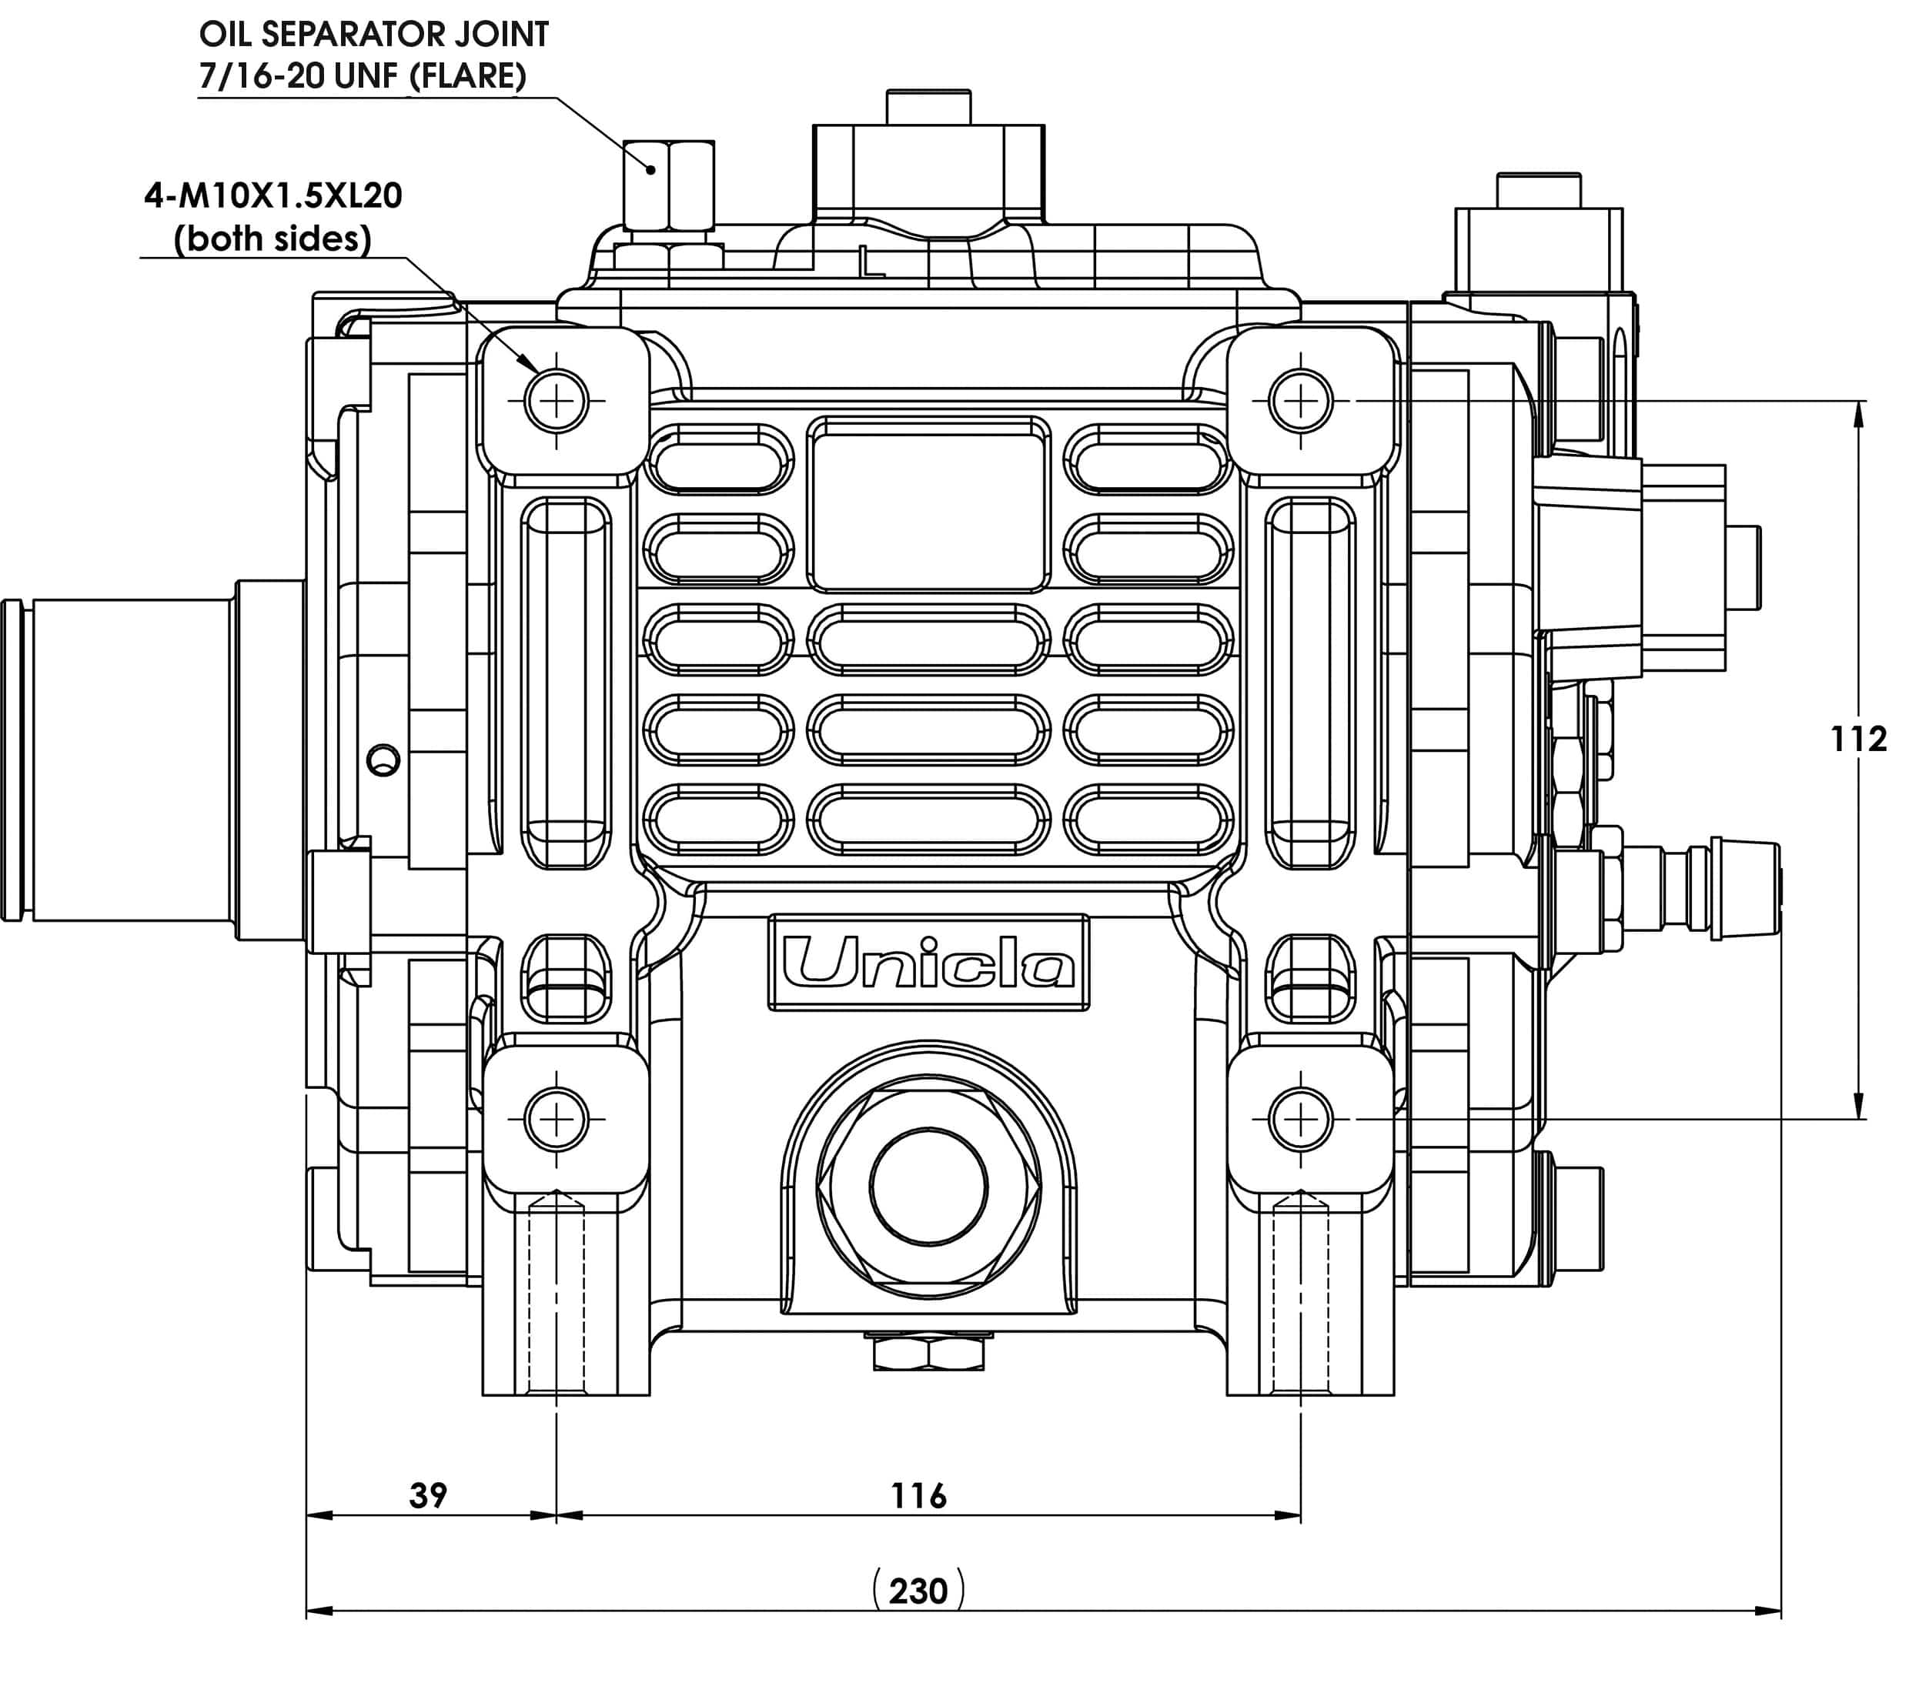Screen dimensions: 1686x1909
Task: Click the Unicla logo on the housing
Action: (x=928, y=962)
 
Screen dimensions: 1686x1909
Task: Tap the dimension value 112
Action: (x=1857, y=740)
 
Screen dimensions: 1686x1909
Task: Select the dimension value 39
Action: (x=429, y=1494)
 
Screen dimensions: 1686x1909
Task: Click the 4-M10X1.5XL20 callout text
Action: (x=272, y=196)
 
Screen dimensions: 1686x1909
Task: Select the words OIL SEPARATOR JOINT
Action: (x=373, y=35)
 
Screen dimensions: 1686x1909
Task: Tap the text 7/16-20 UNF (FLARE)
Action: (x=363, y=75)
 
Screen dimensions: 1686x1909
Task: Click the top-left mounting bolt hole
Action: (x=557, y=402)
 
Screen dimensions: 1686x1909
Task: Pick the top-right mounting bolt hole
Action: (x=1300, y=402)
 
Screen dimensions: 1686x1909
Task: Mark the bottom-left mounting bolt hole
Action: (x=557, y=1118)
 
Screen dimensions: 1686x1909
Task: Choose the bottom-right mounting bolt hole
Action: (x=1300, y=1118)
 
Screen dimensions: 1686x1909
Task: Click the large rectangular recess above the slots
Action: (x=928, y=504)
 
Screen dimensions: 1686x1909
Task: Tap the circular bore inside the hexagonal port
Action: (x=928, y=1187)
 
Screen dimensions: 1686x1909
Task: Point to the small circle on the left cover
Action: (x=383, y=760)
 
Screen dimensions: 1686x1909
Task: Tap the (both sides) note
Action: (x=272, y=239)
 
